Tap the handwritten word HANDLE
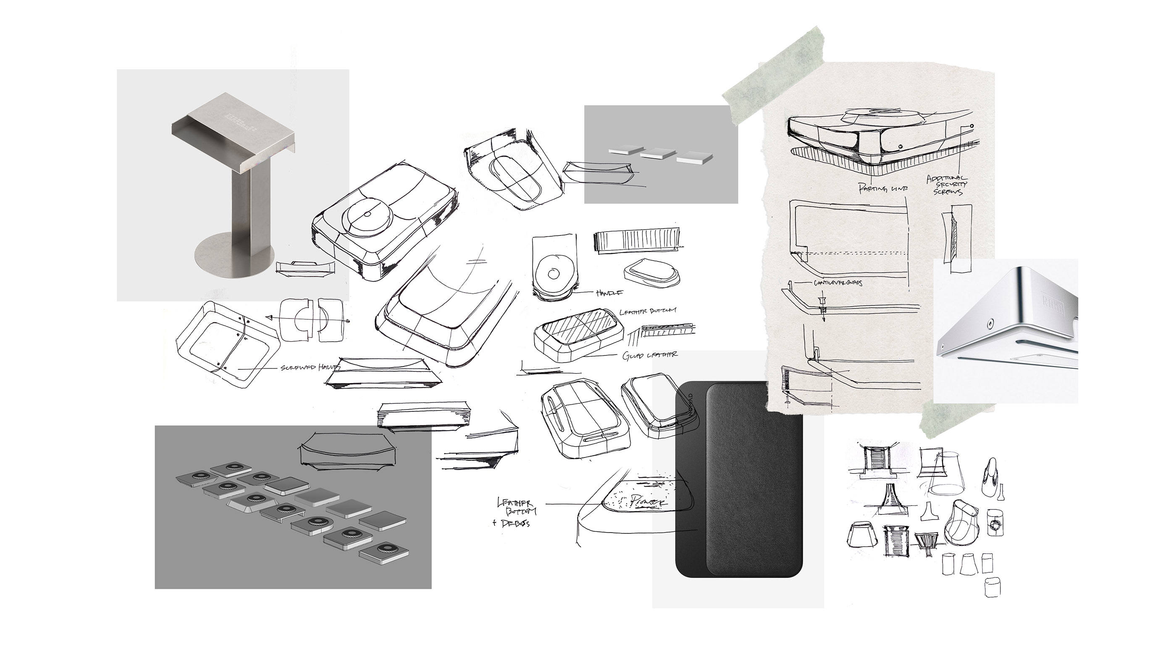click(609, 293)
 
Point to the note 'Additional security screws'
click(947, 185)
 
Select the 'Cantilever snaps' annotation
click(838, 283)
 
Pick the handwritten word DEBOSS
click(516, 523)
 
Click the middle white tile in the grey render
click(658, 154)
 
